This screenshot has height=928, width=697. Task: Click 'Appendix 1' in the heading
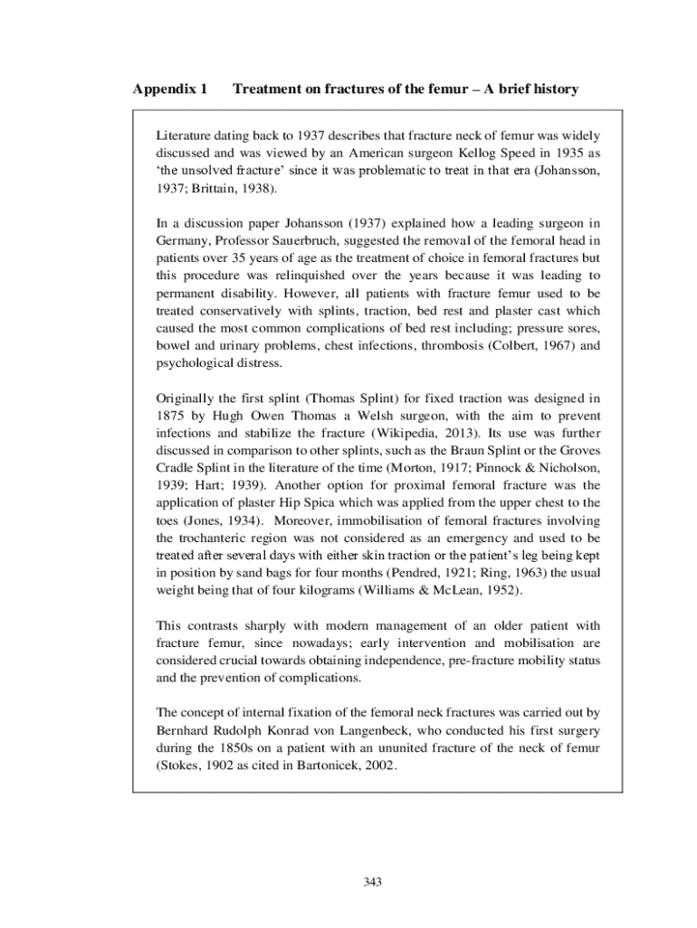click(170, 90)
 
